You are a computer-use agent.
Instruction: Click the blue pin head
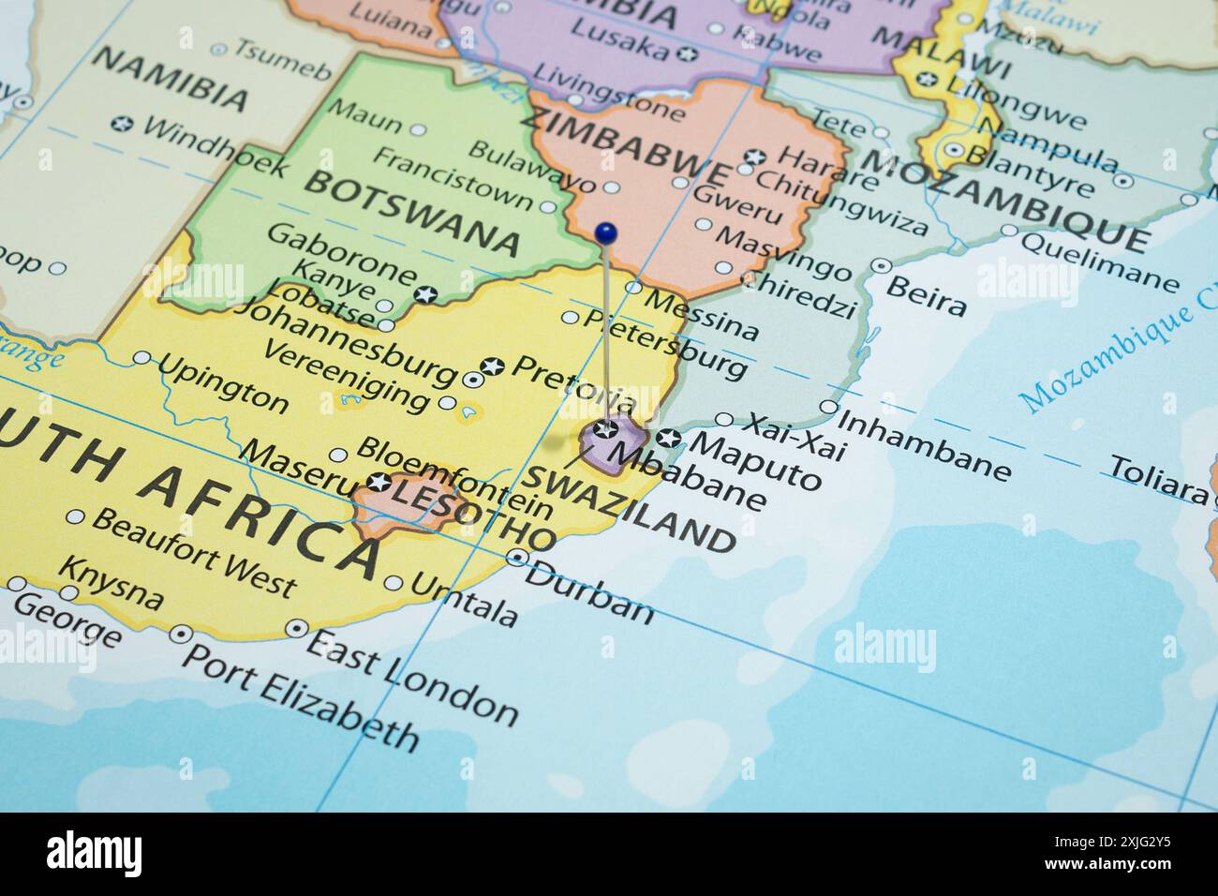pyautogui.click(x=606, y=231)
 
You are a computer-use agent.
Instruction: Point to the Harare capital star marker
pyautogui.click(x=754, y=157)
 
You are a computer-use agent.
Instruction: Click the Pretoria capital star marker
pyautogui.click(x=491, y=366)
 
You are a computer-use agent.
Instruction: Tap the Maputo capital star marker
pyautogui.click(x=668, y=437)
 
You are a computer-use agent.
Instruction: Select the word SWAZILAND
pyautogui.click(x=629, y=507)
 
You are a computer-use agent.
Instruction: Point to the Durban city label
pyautogui.click(x=588, y=591)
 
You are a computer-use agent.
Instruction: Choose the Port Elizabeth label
pyautogui.click(x=299, y=698)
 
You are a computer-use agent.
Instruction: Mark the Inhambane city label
pyautogui.click(x=923, y=444)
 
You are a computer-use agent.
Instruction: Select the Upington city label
pyautogui.click(x=223, y=383)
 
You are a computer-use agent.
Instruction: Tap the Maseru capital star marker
pyautogui.click(x=379, y=484)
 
